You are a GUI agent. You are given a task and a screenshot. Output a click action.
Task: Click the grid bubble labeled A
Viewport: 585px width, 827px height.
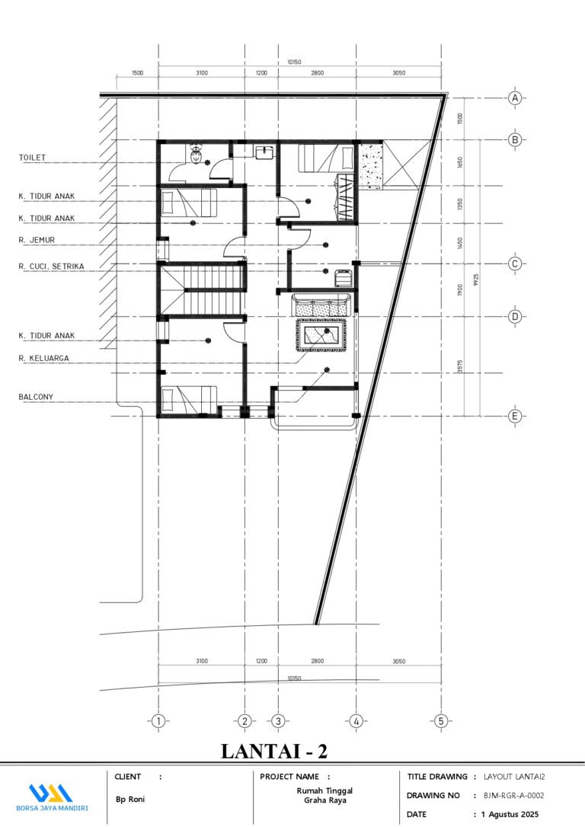(515, 98)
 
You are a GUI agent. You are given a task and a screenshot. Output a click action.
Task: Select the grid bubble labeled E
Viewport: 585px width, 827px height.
(515, 416)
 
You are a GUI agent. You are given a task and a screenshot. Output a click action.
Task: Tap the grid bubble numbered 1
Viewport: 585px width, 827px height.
(158, 721)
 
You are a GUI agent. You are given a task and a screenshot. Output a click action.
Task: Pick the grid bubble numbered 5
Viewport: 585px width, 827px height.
(440, 721)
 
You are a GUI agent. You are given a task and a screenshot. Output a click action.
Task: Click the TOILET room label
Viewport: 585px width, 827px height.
(33, 158)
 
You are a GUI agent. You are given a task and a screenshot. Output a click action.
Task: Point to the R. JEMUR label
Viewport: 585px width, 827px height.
(37, 240)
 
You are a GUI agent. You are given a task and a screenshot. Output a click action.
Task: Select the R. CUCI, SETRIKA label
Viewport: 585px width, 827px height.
(52, 267)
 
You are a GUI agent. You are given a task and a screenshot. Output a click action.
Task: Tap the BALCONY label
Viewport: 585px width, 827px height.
(36, 396)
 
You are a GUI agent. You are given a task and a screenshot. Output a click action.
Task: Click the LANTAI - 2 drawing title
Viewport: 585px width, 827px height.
(273, 751)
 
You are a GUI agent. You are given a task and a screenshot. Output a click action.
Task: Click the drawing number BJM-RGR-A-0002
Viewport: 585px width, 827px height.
(513, 795)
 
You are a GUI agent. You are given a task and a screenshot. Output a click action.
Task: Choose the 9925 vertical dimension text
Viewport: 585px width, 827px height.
(475, 280)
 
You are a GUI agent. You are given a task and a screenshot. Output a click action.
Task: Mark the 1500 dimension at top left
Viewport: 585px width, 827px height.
(137, 73)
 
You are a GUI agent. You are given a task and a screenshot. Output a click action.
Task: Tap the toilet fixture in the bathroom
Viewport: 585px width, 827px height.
(197, 155)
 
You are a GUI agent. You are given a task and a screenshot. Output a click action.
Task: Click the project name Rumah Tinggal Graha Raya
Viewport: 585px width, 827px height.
(324, 795)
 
